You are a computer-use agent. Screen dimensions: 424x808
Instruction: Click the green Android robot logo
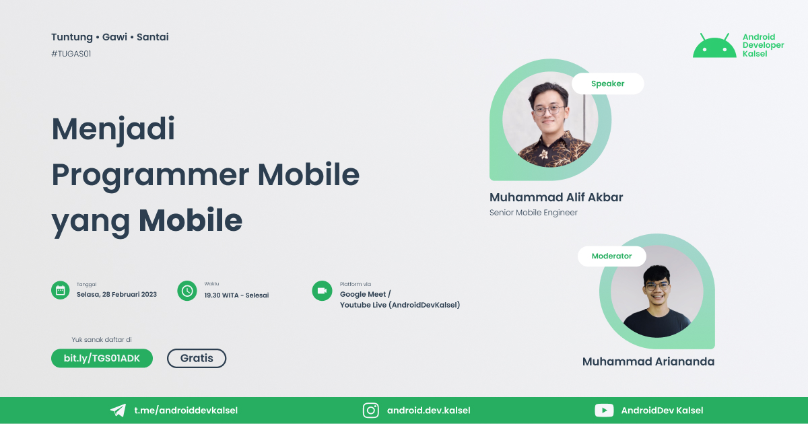[x=714, y=46]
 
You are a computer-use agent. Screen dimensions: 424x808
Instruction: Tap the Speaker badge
[x=607, y=83]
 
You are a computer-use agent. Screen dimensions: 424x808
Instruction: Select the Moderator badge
[x=611, y=256]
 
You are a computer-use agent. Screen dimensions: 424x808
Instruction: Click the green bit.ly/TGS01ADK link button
[x=102, y=358]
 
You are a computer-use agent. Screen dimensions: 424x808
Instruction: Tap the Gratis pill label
[x=197, y=358]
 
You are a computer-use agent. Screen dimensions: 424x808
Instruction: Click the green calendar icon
[x=61, y=290]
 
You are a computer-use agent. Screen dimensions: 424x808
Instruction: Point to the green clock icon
[x=187, y=290]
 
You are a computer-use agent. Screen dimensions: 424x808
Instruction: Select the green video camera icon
[x=322, y=290]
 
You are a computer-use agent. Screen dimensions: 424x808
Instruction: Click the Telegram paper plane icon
[x=118, y=411]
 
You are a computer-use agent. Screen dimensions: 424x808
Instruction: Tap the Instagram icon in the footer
[x=370, y=411]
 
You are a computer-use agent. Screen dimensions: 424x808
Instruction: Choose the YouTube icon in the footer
[x=603, y=411]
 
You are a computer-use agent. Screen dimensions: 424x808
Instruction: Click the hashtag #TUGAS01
[x=71, y=54]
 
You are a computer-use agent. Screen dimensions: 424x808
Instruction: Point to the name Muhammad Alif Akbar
[x=556, y=198]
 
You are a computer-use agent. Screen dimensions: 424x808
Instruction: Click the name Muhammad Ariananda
[x=648, y=361]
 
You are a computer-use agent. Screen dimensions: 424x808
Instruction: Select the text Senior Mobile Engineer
[x=533, y=213]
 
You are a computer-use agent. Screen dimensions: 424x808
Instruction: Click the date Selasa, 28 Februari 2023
[x=116, y=295]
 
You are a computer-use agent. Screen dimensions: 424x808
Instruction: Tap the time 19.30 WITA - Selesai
[x=236, y=295]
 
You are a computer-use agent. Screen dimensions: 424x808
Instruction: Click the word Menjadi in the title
[x=113, y=129]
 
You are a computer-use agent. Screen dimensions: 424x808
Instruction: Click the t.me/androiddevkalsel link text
[x=185, y=411]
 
